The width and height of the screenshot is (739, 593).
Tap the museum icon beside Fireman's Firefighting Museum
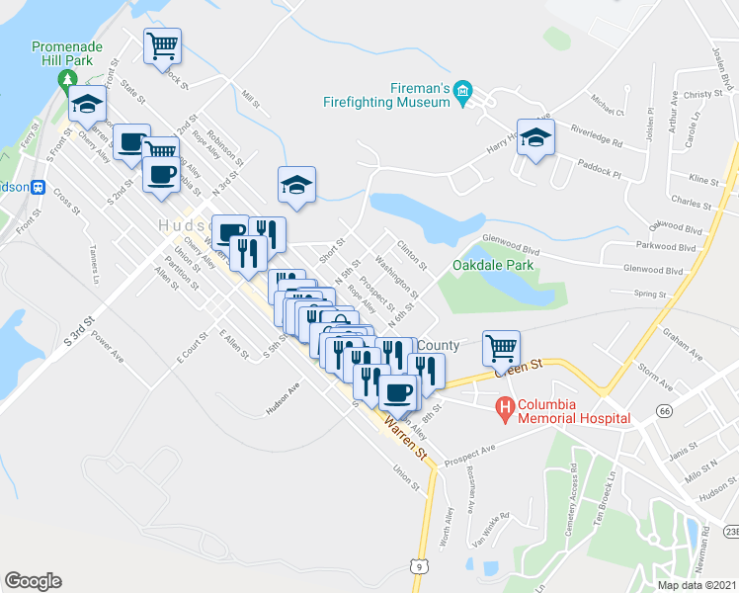462,93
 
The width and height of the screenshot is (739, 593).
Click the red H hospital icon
505,407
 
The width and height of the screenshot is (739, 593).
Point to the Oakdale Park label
493,265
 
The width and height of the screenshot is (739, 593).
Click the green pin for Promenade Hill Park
67,78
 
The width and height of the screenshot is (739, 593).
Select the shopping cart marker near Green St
501,347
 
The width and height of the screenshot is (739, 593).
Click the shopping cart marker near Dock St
162,44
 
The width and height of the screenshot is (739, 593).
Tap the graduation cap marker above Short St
295,183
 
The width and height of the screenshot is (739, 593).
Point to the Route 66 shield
664,382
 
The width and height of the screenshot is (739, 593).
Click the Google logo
33,581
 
